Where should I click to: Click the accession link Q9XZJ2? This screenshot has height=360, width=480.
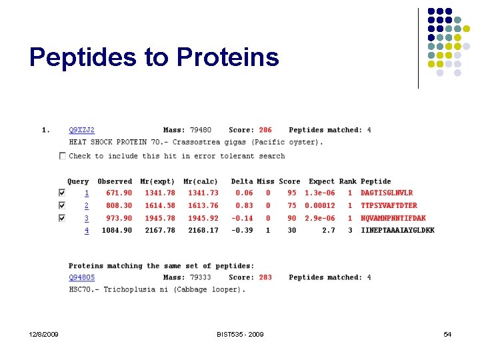pyautogui.click(x=82, y=130)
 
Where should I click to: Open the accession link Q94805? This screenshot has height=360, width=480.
pyautogui.click(x=82, y=277)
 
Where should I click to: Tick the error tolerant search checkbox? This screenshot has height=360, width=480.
pyautogui.click(x=63, y=156)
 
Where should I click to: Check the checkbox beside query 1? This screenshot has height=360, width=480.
pyautogui.click(x=63, y=193)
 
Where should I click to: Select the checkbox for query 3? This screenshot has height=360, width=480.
pyautogui.click(x=63, y=218)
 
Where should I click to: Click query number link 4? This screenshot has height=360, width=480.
pyautogui.click(x=86, y=230)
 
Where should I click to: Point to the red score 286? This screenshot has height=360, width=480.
pyautogui.click(x=265, y=130)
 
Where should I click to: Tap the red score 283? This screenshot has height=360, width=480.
pyautogui.click(x=265, y=277)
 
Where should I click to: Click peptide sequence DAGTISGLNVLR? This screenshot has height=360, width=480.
pyautogui.click(x=387, y=193)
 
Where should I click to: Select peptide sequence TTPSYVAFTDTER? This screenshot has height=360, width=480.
pyautogui.click(x=389, y=205)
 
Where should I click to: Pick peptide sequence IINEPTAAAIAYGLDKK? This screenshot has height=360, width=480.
pyautogui.click(x=397, y=230)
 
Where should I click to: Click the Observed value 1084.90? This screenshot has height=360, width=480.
pyautogui.click(x=117, y=230)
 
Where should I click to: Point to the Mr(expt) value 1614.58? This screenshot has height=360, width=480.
pyautogui.click(x=160, y=205)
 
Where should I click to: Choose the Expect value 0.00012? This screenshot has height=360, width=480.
pyautogui.click(x=320, y=205)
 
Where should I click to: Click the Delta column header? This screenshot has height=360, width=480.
pyautogui.click(x=242, y=181)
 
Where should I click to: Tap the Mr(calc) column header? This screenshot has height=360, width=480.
pyautogui.click(x=201, y=181)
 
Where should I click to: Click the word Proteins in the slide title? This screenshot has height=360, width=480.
pyautogui.click(x=228, y=57)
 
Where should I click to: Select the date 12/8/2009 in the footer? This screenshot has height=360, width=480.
pyautogui.click(x=43, y=334)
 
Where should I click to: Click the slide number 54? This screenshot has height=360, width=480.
pyautogui.click(x=447, y=334)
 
